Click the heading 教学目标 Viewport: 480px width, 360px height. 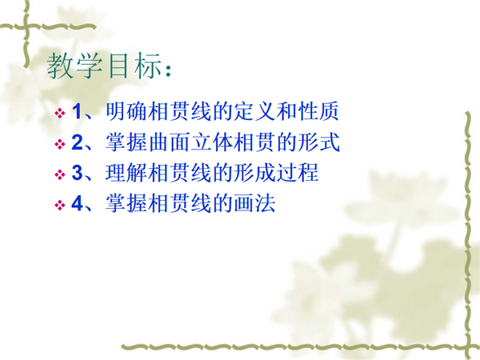(104, 66)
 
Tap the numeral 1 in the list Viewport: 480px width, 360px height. (77, 111)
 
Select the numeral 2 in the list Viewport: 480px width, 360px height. (77, 142)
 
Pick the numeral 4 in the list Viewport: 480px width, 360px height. (77, 203)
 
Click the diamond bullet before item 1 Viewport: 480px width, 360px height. (60, 114)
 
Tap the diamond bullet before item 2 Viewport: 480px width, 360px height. (60, 144)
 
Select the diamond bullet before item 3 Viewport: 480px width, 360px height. (60, 174)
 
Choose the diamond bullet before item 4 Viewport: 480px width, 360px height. (60, 205)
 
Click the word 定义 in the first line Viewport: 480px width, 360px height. (254, 111)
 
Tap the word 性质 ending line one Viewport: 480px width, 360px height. (318, 111)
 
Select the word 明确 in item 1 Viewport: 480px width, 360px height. (126, 111)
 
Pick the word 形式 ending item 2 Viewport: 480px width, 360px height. (318, 142)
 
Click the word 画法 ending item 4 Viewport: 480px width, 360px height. (254, 203)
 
